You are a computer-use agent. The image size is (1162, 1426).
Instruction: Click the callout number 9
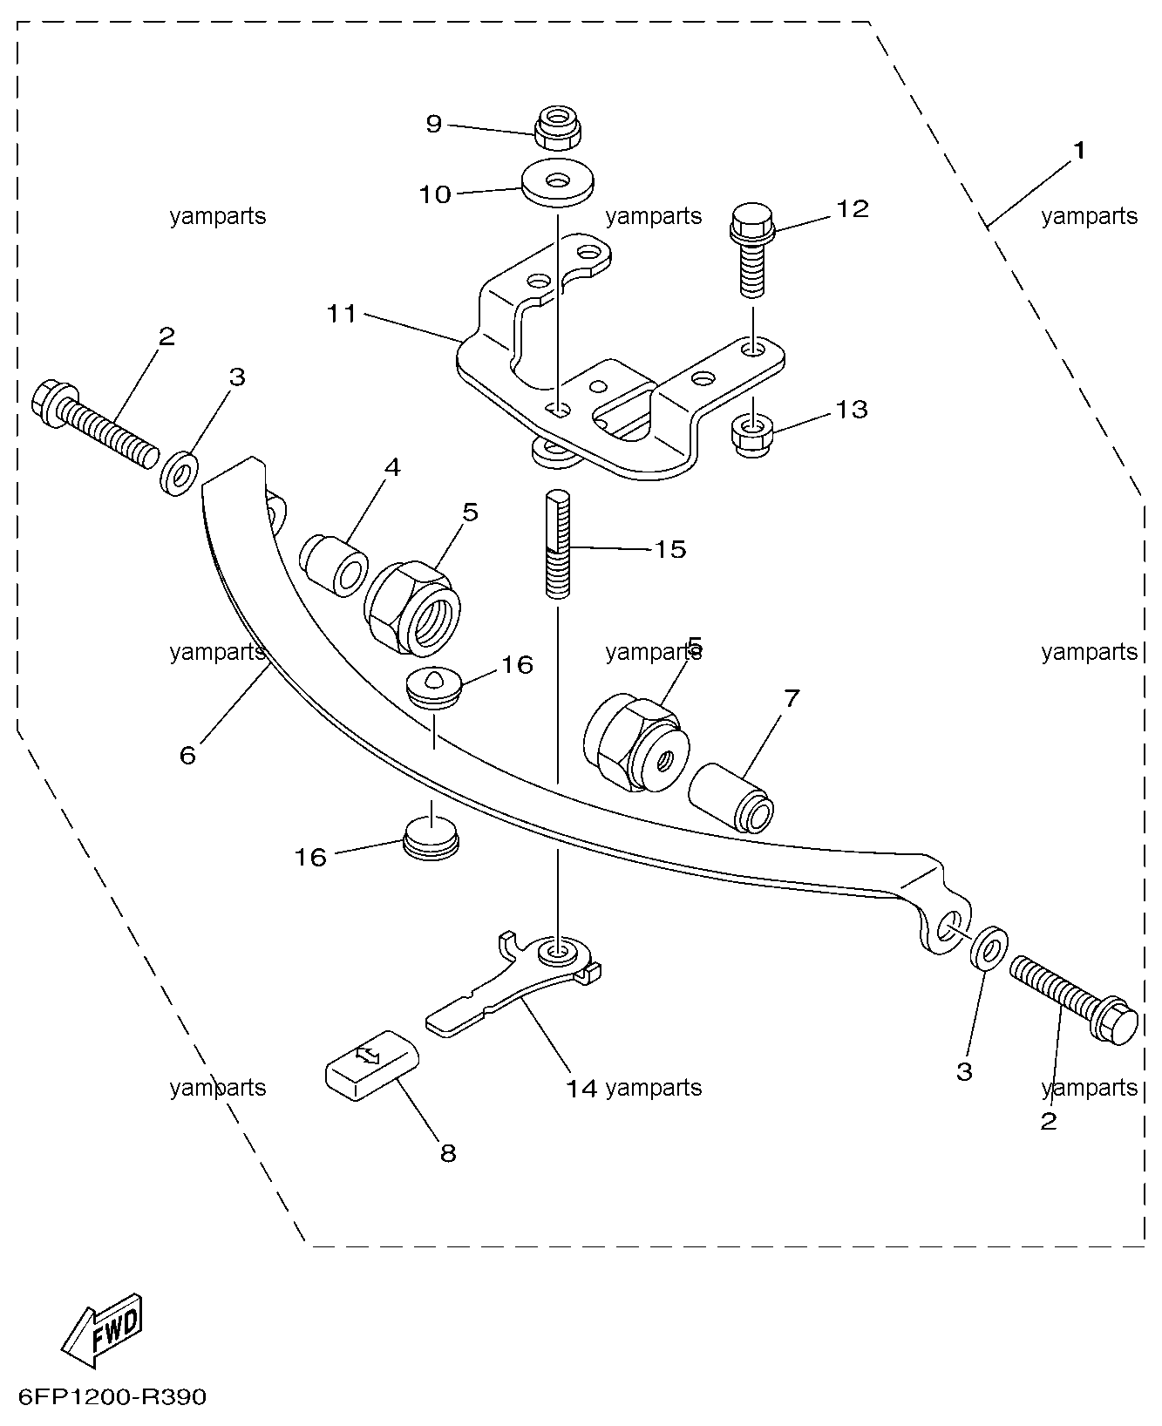(x=434, y=124)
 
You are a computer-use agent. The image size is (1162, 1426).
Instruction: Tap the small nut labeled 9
(x=558, y=128)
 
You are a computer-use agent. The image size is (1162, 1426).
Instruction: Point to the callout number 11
(x=342, y=313)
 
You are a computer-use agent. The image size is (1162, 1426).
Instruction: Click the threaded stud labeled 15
(x=558, y=543)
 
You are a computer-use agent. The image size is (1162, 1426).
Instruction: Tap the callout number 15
(x=670, y=549)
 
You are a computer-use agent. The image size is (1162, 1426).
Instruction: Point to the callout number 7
(x=791, y=698)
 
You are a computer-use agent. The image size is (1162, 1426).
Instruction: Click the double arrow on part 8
(x=369, y=1056)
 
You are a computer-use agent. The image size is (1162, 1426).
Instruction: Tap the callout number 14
(x=581, y=1088)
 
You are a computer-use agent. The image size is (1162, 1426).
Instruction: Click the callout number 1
(x=1079, y=151)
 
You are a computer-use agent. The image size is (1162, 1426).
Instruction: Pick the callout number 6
(x=187, y=755)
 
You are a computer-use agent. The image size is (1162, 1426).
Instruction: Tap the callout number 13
(x=852, y=409)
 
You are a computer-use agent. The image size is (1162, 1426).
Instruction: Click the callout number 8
(x=447, y=1153)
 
